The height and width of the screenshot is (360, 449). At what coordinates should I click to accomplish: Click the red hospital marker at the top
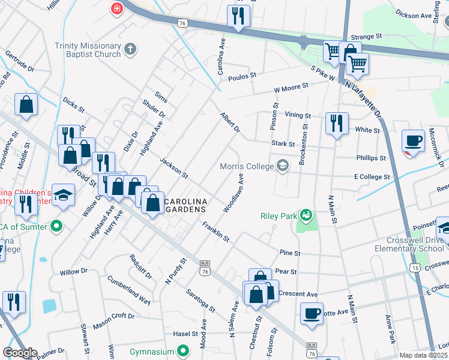[x=116, y=8]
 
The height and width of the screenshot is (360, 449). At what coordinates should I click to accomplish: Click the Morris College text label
[x=246, y=166]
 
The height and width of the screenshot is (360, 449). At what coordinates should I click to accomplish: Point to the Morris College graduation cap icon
[x=282, y=166]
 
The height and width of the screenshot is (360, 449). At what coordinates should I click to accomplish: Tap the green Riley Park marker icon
[x=307, y=215]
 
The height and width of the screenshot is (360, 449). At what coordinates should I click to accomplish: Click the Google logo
[x=20, y=352]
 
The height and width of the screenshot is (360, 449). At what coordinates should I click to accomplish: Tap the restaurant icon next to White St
[x=337, y=123]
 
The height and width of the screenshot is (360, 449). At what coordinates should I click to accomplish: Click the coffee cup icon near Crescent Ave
[x=312, y=313]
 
